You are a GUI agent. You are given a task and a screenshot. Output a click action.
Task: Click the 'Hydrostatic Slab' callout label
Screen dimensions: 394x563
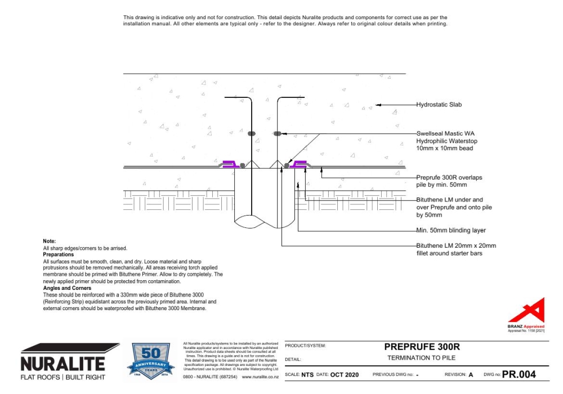[439, 105]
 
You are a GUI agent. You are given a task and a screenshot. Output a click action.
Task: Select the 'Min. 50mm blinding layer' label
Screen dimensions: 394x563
[450, 230]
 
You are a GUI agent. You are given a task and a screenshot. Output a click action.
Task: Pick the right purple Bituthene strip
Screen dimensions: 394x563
[299, 164]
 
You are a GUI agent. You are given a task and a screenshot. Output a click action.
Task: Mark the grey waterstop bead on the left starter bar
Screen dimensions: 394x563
[252, 134]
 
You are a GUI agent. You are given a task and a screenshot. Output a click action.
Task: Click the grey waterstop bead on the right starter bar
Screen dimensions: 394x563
[277, 133]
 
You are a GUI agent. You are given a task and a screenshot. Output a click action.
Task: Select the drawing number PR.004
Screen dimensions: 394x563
[519, 374]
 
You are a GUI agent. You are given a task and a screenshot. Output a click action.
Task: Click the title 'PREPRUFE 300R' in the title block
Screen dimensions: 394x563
[417, 347]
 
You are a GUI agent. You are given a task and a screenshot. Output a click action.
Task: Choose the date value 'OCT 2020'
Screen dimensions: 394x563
[344, 375]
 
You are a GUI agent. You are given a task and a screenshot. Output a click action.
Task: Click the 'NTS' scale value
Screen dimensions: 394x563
[307, 375]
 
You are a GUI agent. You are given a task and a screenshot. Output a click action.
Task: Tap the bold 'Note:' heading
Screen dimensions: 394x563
[50, 241]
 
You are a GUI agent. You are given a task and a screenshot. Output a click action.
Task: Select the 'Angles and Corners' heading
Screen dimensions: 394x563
[66, 289]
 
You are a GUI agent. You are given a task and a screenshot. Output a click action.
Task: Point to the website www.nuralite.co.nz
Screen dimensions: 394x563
[262, 377]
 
